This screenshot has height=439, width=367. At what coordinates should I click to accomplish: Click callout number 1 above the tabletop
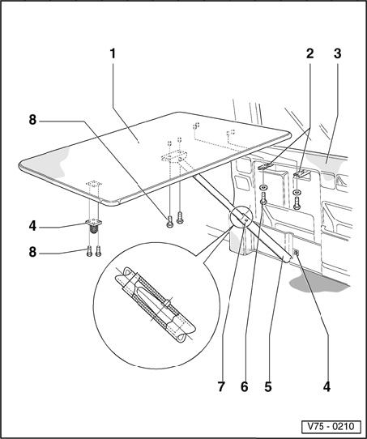pos(113,53)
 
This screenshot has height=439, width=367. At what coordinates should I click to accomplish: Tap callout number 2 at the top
pos(309,53)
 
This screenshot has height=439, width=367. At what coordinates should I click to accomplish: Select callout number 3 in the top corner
pos(337,53)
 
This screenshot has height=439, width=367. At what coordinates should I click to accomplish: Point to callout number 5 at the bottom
pos(268,387)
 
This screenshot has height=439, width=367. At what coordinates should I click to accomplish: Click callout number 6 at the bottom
pos(244,387)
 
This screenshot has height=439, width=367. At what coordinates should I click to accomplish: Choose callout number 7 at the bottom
pos(221,387)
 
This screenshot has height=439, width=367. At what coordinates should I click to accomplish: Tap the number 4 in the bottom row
pos(326,387)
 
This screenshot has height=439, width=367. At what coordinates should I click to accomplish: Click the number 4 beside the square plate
pos(32,226)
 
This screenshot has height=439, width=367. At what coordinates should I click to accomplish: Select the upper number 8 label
pos(32,120)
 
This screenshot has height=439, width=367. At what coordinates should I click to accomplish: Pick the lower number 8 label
pos(32,252)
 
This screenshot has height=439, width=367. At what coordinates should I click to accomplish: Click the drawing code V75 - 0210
pos(331,427)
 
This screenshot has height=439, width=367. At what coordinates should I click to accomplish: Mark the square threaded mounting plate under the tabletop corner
pos(94,223)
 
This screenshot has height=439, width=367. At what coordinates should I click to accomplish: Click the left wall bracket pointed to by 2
pos(265,167)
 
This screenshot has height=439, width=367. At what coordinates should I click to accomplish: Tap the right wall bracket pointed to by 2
pos(301,174)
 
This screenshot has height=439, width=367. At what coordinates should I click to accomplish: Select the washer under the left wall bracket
pos(263,187)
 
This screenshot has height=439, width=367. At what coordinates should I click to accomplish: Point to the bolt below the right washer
pos(297,203)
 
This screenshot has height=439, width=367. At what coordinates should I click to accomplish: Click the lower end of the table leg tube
pos(287,259)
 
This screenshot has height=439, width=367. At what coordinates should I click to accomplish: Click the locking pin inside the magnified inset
pos(166,304)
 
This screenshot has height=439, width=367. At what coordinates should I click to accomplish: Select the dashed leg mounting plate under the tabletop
pos(174,156)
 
